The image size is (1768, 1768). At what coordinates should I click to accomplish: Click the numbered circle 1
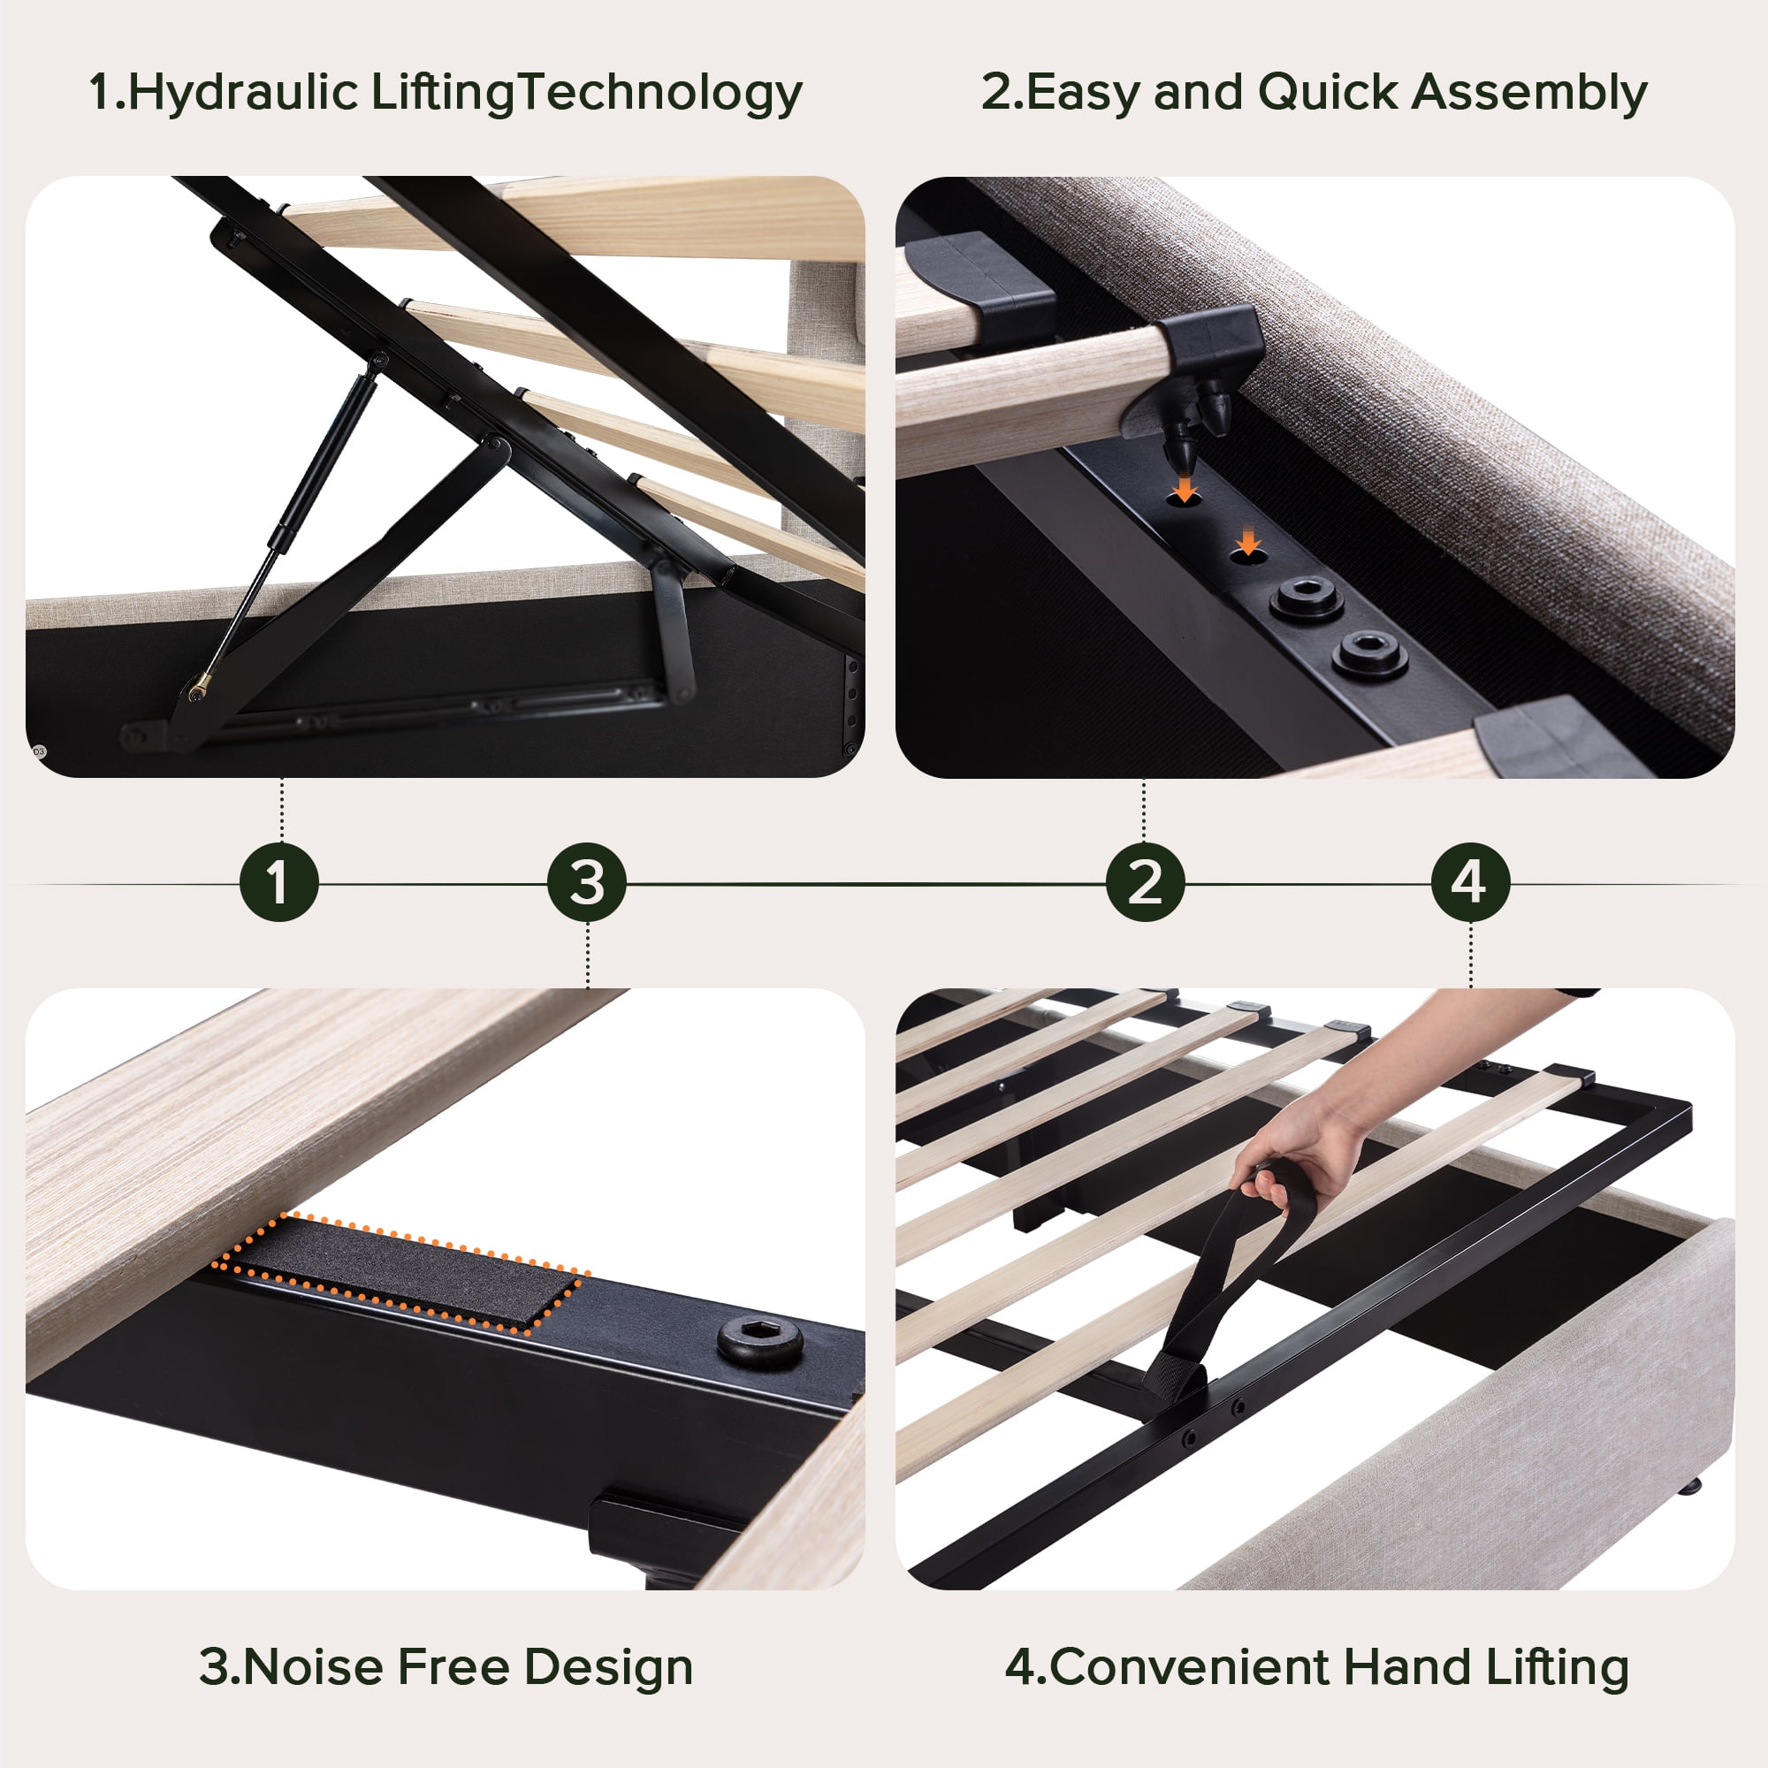tap(279, 882)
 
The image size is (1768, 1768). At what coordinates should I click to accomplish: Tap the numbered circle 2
tap(1145, 882)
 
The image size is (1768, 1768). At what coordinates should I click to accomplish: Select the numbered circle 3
tap(587, 882)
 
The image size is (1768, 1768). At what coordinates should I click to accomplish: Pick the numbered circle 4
tap(1470, 882)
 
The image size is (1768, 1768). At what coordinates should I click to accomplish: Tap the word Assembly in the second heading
tap(1529, 94)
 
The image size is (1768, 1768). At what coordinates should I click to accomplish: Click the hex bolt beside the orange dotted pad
tap(759, 1342)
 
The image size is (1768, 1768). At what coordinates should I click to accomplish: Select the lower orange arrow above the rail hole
tap(1248, 542)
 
